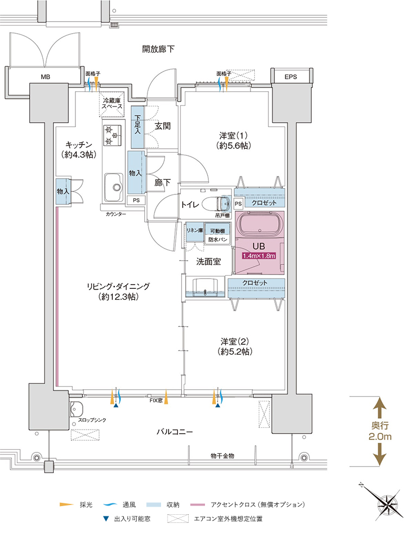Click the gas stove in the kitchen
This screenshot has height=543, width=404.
pyautogui.click(x=112, y=135)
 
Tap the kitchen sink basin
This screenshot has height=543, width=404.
pyautogui.click(x=114, y=187)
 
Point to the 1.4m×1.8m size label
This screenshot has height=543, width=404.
pyautogui.click(x=259, y=256)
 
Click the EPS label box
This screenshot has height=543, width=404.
pyautogui.click(x=291, y=77)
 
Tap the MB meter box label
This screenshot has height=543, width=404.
pyautogui.click(x=46, y=77)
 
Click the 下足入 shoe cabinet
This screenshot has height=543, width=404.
pyautogui.click(x=137, y=127)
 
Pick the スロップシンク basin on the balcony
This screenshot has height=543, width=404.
pyautogui.click(x=76, y=409)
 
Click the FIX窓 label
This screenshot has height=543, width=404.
pyautogui.click(x=156, y=400)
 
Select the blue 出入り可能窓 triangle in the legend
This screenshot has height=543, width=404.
pyautogui.click(x=106, y=519)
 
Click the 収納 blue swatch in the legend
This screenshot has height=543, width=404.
pyautogui.click(x=153, y=505)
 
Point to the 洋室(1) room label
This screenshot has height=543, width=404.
pyautogui.click(x=234, y=140)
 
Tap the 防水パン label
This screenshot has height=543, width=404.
pyautogui.click(x=218, y=239)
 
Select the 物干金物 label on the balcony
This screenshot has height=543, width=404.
pyautogui.click(x=222, y=456)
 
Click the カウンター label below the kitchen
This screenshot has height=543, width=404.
pyautogui.click(x=116, y=214)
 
